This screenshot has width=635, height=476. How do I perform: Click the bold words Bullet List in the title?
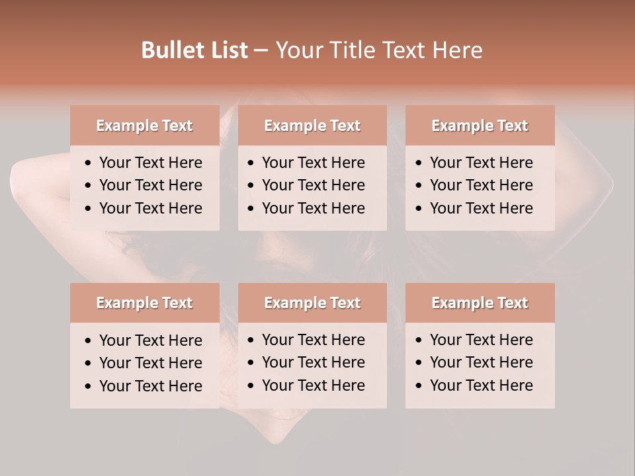point(194,50)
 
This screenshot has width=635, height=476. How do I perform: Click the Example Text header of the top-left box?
point(144,126)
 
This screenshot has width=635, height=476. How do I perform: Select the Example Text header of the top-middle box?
point(312,126)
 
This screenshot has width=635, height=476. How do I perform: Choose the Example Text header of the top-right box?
point(480,126)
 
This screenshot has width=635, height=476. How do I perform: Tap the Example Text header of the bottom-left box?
point(144,303)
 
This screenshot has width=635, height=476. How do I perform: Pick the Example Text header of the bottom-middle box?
point(312,303)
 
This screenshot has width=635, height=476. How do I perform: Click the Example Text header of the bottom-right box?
point(480,303)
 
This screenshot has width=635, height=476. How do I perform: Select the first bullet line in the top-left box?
point(150,163)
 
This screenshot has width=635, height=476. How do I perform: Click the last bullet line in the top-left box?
point(150,208)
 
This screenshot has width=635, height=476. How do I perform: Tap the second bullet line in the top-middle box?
point(313,185)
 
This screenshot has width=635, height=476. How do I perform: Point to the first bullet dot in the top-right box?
point(419,163)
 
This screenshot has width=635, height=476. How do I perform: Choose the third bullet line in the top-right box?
point(481,208)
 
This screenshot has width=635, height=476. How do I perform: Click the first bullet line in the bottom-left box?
point(150,340)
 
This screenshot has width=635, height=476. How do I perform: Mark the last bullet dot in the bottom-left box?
point(89,387)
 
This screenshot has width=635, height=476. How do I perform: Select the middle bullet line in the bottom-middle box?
point(313,362)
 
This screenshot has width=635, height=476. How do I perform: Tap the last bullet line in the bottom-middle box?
point(313,385)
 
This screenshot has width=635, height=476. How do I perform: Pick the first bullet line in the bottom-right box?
point(481,340)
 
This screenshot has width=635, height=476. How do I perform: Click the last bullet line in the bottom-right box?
point(481,385)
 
